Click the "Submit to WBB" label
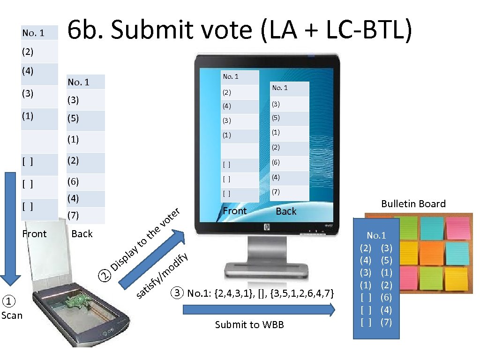[x=249, y=325]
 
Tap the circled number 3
[x=176, y=294]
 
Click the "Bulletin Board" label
[x=413, y=203]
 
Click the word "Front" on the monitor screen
[x=234, y=211]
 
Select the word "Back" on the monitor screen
[x=286, y=211]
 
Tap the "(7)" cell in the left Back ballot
[x=73, y=216]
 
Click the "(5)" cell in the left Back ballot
[x=73, y=119]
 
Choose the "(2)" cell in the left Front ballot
[x=28, y=52]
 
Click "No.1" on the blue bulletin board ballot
[x=376, y=235]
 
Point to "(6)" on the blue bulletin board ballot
[x=387, y=297]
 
